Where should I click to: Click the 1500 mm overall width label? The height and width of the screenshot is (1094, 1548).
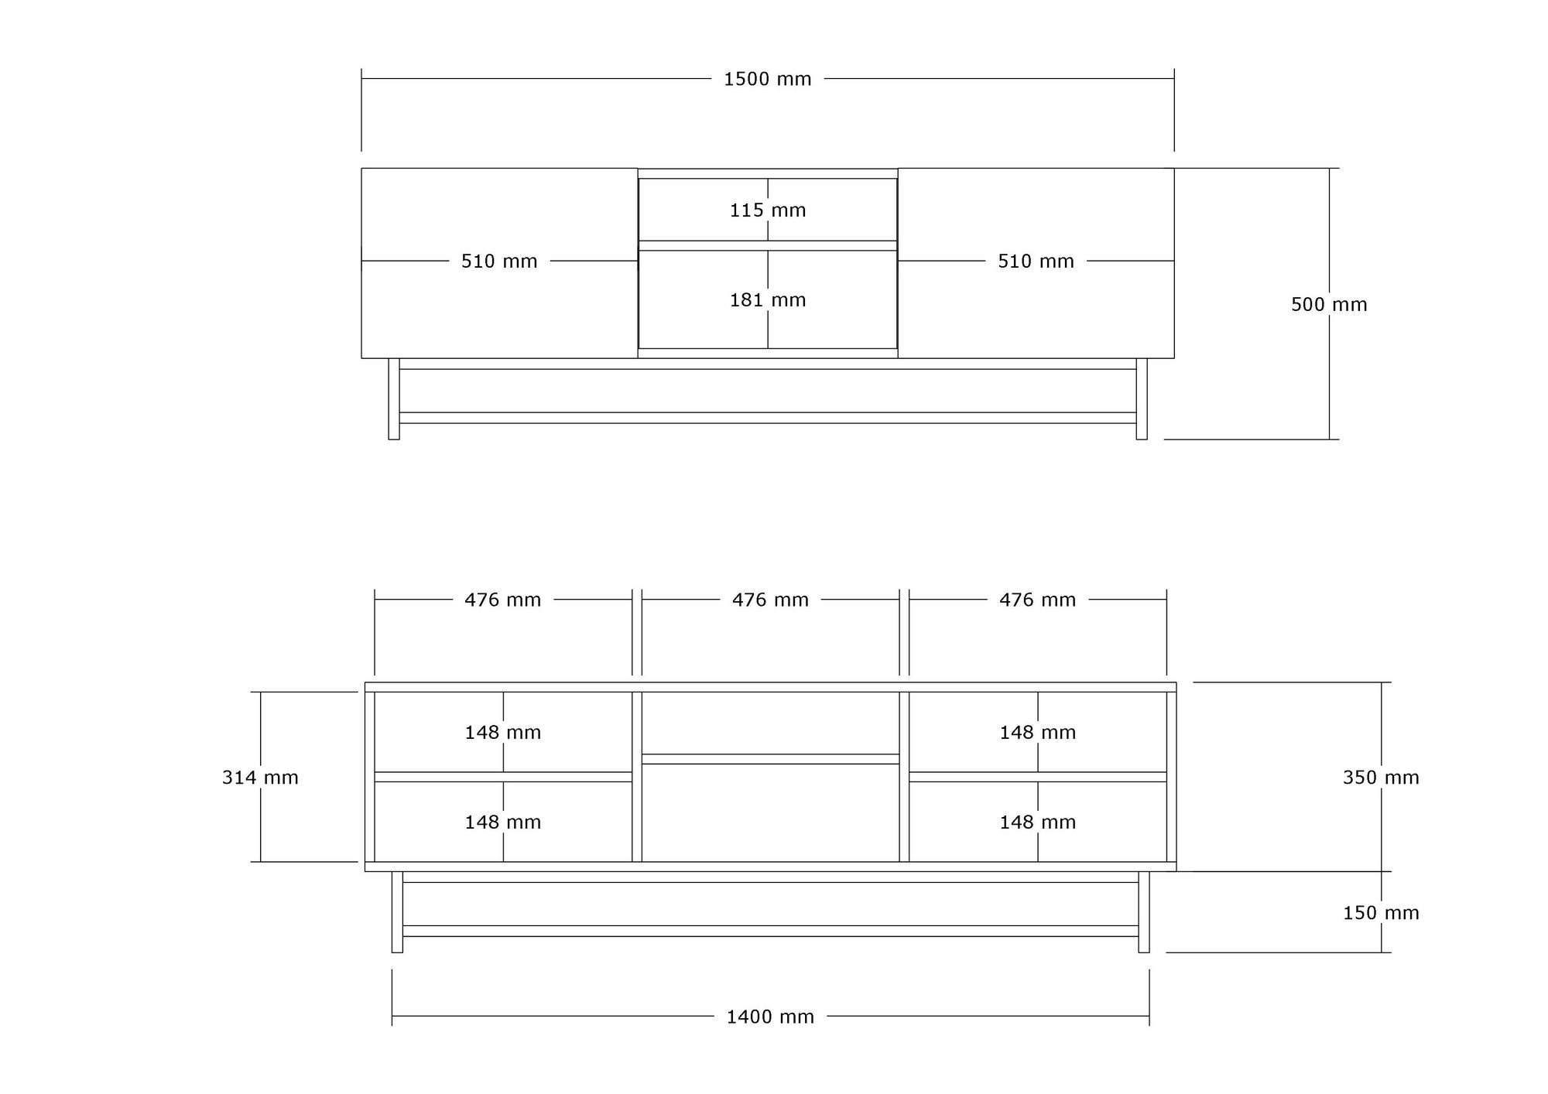tap(767, 79)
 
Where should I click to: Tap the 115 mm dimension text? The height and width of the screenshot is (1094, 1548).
tap(768, 210)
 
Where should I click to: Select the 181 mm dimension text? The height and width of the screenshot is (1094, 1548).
tap(768, 300)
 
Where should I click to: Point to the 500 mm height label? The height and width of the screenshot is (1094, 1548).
tap(1329, 305)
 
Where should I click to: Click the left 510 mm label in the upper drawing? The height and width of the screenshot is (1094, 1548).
tap(499, 262)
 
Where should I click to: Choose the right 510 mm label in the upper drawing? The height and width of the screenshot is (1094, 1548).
tap(1036, 262)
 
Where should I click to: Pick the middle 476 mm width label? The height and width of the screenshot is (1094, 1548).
tap(770, 600)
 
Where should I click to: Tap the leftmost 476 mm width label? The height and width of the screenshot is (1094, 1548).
tap(502, 600)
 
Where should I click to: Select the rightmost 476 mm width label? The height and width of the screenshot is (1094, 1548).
tap(1037, 600)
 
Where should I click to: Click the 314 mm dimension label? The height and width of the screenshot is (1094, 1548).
tap(260, 778)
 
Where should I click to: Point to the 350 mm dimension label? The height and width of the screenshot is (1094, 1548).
tap(1381, 778)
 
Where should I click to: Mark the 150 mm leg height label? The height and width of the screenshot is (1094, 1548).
tap(1381, 913)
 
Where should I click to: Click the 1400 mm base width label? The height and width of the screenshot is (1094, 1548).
tap(770, 1017)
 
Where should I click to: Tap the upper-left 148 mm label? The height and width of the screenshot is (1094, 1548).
tap(502, 733)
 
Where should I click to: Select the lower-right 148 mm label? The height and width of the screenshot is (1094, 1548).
tap(1037, 822)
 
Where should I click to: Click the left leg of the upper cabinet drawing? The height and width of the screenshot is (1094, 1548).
tap(394, 399)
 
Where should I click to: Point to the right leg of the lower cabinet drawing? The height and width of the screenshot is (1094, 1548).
tap(1144, 912)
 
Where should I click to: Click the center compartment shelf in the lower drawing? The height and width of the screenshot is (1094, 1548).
tap(770, 759)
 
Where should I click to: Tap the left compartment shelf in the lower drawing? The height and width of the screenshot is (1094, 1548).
tap(503, 777)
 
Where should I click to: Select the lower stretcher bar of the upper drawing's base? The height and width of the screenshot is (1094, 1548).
tap(768, 418)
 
